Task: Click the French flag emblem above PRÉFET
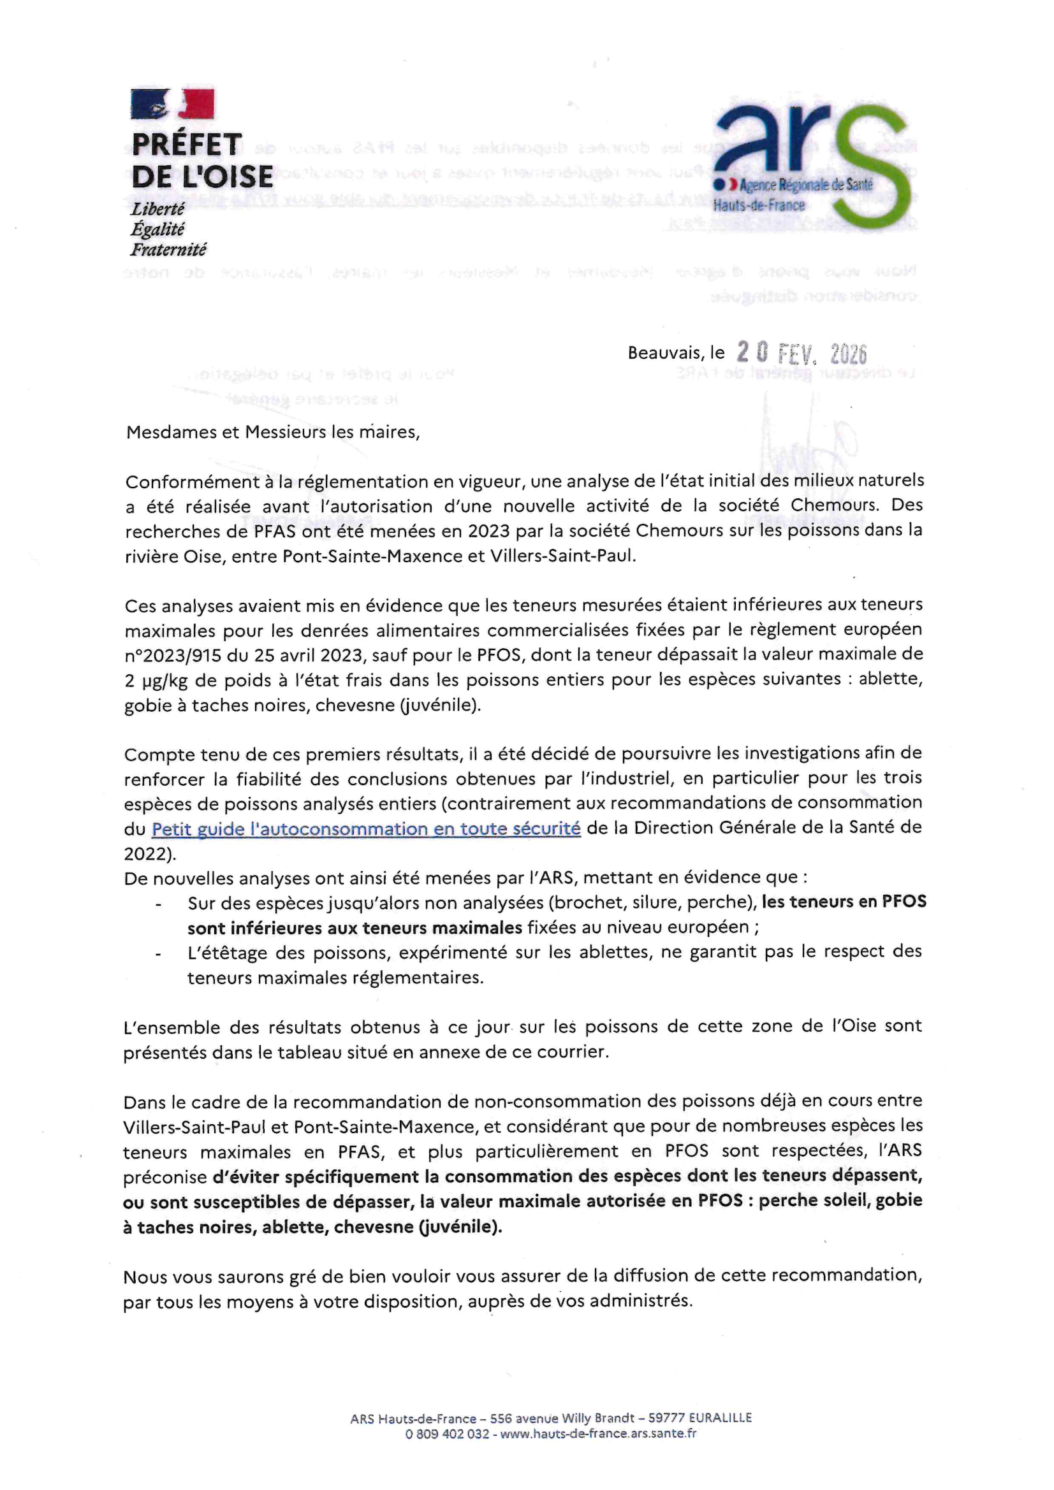pos(172,104)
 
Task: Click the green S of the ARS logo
pos(871,163)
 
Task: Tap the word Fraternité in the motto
pos(168,249)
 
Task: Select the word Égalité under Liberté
pos(157,229)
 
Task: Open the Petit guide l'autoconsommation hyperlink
pos(365,828)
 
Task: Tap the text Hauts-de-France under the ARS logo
pos(759,206)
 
